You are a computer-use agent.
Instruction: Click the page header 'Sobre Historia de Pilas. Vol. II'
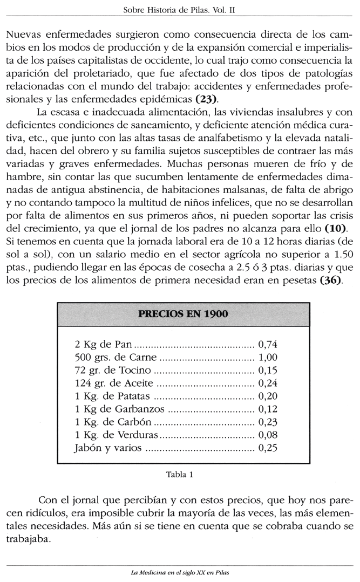(180, 10)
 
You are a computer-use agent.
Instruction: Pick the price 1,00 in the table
(268, 358)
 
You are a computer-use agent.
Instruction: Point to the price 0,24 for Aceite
(268, 384)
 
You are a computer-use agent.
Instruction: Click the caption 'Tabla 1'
(180, 475)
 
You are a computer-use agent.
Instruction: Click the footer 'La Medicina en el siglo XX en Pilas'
(180, 572)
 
